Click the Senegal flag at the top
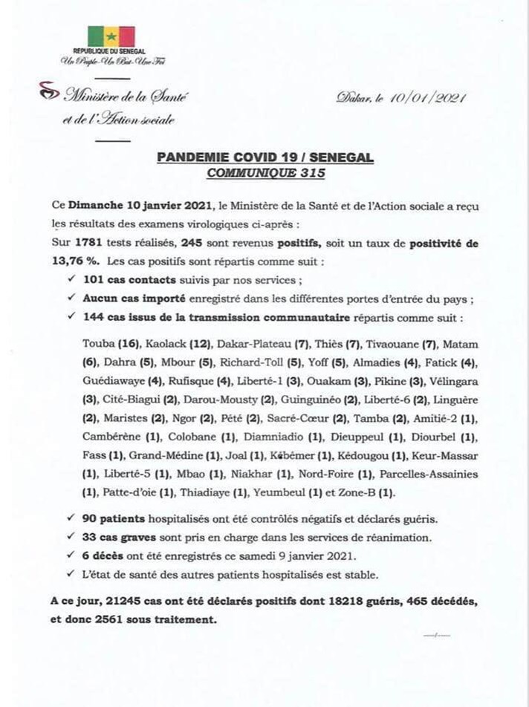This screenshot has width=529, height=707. tap(111, 36)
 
